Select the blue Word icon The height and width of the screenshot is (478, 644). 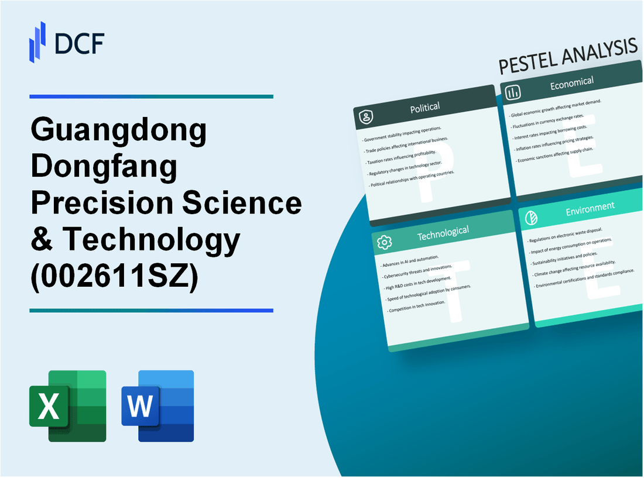157,405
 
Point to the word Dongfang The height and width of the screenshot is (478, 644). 104,167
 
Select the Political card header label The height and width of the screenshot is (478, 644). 426,108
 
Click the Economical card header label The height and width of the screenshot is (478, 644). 571,84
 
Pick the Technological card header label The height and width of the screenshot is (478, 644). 443,233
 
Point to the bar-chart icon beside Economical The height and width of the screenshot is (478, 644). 513,92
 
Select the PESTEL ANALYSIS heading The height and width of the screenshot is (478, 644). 568,59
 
